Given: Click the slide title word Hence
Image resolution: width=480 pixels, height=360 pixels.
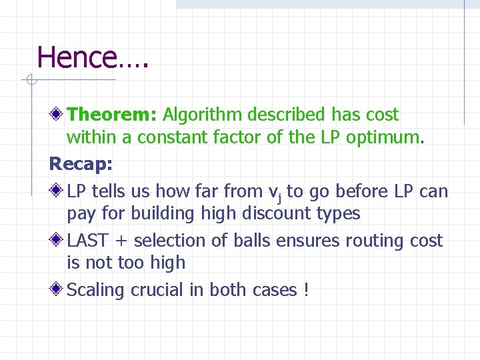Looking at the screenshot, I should click(x=77, y=57).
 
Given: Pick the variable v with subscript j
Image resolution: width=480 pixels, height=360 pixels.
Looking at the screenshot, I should click(x=274, y=192).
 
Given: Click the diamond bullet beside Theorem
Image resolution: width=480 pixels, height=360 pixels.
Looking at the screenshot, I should click(x=59, y=115).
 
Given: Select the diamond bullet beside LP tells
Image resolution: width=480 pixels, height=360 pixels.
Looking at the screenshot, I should click(x=59, y=191).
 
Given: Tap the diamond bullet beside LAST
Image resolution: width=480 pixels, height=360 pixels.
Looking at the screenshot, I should click(x=59, y=241).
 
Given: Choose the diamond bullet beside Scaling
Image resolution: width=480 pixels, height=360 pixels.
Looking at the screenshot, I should click(x=59, y=290).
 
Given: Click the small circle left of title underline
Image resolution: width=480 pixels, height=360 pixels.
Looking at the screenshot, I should click(x=30, y=81).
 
